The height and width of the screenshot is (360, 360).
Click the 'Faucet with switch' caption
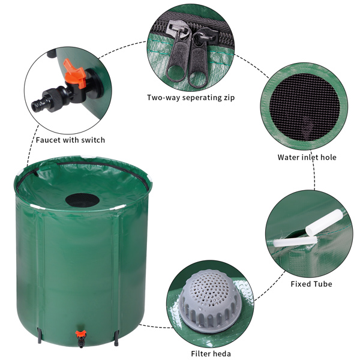[x=70, y=140]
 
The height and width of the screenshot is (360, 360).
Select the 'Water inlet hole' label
[x=307, y=157]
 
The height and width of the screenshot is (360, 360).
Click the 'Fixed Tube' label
[x=311, y=284]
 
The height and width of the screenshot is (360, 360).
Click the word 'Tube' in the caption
[x=322, y=284]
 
